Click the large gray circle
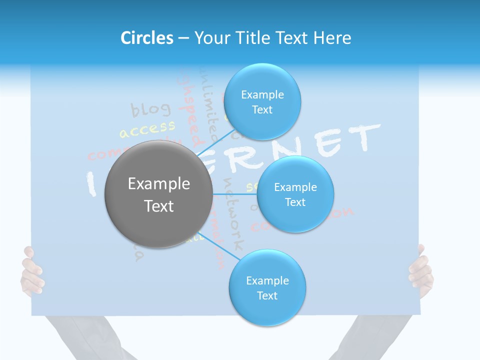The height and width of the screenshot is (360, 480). pyautogui.click(x=158, y=194)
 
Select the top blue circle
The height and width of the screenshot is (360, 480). pyautogui.click(x=262, y=101)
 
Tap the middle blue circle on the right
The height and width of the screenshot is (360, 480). pyautogui.click(x=295, y=194)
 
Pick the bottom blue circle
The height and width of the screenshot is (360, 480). pyautogui.click(x=267, y=287)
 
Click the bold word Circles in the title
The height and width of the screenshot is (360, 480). pyautogui.click(x=147, y=38)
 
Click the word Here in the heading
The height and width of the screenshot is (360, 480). pyautogui.click(x=332, y=38)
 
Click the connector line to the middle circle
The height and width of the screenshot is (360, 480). pyautogui.click(x=235, y=193)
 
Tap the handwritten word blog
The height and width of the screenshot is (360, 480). pyautogui.click(x=150, y=109)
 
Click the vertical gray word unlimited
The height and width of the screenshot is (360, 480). pyautogui.click(x=207, y=102)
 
